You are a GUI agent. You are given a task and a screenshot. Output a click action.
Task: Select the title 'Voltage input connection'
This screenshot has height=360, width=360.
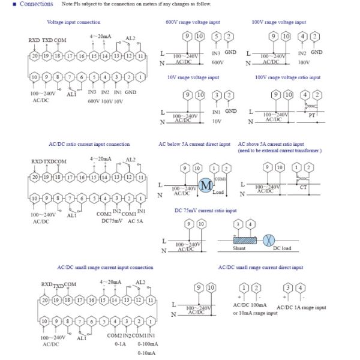pos(74,22)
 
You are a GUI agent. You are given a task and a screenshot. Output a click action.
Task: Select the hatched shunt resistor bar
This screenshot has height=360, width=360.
pos(245,240)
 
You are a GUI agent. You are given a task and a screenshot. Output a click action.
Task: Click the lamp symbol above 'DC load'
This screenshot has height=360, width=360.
pos(286,239)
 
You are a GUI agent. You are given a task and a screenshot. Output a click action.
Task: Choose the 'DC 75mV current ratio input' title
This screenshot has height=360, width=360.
pos(205,211)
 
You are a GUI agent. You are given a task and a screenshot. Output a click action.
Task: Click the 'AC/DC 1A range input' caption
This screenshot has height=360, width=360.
pos(305,307)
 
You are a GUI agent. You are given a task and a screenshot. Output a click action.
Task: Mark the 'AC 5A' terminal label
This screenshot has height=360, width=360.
pos(137,221)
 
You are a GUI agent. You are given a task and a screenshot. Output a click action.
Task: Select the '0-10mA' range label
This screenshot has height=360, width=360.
pos(146,353)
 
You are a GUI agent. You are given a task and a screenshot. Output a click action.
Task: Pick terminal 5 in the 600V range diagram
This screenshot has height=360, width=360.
pos(217,38)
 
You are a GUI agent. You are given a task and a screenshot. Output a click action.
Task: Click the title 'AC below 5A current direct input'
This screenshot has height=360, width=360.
pos(194,144)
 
